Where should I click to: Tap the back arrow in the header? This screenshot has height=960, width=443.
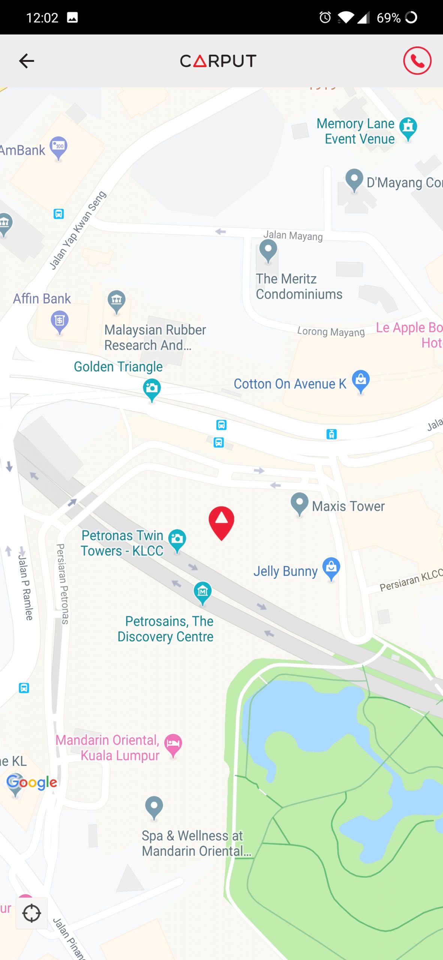point(27,61)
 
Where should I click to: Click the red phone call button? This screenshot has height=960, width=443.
point(417,61)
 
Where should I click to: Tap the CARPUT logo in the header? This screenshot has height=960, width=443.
point(218,61)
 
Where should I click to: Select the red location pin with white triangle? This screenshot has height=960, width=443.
point(221,522)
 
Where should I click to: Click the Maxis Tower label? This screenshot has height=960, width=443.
point(348,506)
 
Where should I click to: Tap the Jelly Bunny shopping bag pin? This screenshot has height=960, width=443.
point(331,568)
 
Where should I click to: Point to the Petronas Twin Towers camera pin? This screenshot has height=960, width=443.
point(177,540)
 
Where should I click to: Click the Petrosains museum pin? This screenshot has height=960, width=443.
point(202,592)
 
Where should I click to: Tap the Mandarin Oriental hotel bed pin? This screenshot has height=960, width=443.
point(173,744)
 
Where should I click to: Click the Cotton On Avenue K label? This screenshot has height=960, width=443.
point(290,384)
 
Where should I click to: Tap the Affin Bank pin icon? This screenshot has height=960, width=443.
point(60,321)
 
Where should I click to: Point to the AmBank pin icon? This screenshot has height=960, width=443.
point(58,147)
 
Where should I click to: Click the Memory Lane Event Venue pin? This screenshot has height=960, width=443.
point(408,128)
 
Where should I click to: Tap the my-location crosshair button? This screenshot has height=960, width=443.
point(31,913)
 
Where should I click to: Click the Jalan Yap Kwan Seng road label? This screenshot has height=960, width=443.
point(78,230)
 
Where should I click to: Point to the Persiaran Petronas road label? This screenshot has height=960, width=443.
point(63,584)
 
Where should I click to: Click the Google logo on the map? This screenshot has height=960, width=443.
point(32,782)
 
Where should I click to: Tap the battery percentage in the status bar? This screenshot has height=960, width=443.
point(388,18)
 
